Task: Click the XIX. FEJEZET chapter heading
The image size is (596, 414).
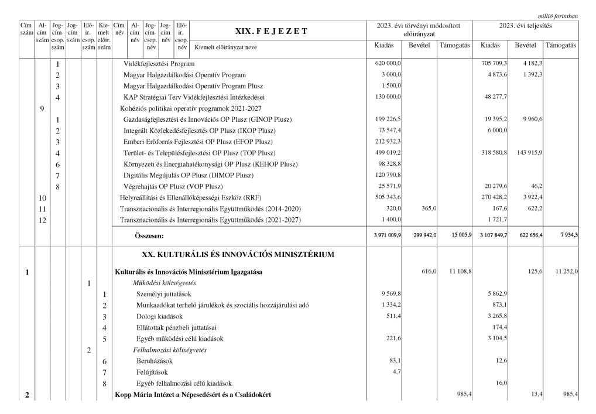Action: [x=270, y=31]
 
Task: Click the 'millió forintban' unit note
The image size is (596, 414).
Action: [x=557, y=16]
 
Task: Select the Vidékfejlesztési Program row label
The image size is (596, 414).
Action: [x=159, y=63]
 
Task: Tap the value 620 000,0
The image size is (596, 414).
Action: [x=387, y=63]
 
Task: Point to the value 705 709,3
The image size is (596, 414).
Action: [x=494, y=63]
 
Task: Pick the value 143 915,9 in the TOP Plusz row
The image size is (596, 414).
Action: [x=528, y=153]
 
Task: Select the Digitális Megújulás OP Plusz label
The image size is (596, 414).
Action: [x=189, y=175]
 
